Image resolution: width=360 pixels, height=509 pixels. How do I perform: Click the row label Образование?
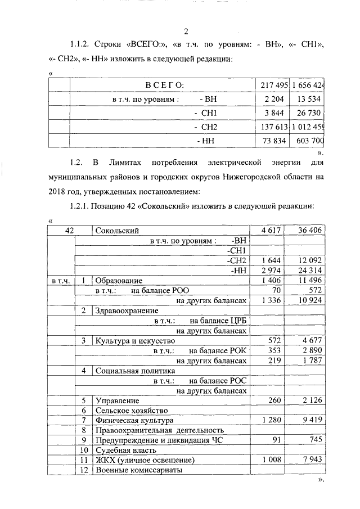click(x=119, y=280)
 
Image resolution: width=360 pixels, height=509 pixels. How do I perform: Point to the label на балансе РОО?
click(x=160, y=290)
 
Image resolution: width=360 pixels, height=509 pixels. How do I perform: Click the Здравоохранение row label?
click(x=127, y=310)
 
